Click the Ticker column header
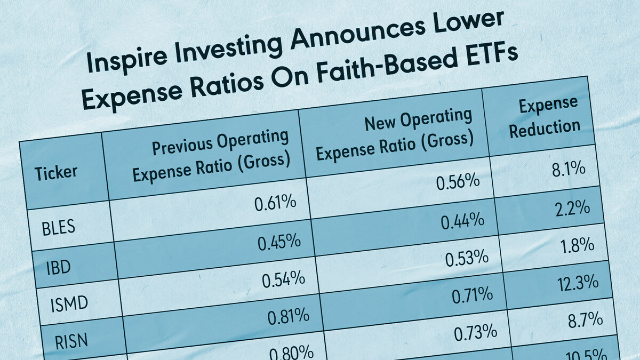pos(56,172)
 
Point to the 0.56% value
pos(458,182)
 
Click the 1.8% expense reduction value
pos(578,245)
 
